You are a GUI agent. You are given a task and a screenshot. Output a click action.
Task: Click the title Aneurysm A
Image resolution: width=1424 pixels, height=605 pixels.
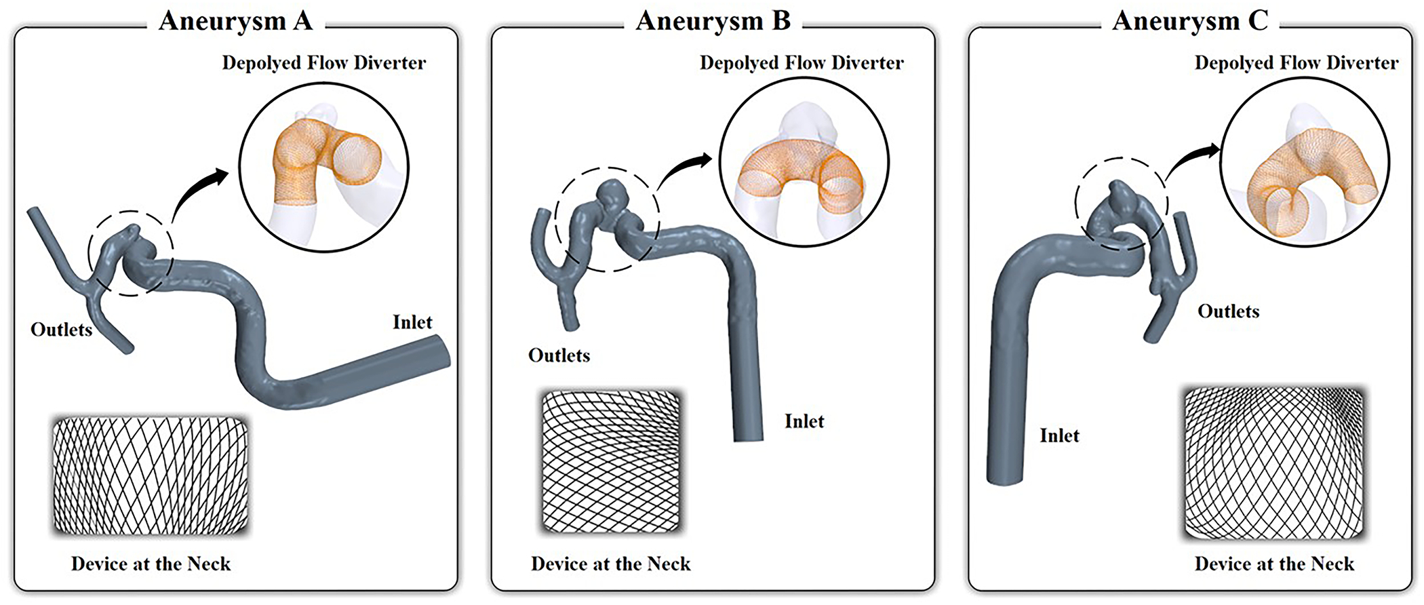(x=235, y=20)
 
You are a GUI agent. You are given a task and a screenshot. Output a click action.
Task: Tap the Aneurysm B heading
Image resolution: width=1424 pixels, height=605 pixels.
(x=713, y=20)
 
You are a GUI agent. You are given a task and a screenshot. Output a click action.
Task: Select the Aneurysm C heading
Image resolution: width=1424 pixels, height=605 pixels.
(x=1190, y=20)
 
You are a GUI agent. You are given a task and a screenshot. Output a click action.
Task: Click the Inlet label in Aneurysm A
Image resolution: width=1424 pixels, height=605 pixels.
(x=412, y=321)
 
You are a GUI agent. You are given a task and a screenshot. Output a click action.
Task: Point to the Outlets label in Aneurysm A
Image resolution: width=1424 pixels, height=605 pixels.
(x=61, y=330)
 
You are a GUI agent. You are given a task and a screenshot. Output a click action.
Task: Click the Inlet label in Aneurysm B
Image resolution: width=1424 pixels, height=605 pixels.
(x=804, y=421)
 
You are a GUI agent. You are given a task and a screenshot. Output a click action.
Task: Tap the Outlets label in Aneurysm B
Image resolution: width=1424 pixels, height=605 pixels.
(x=559, y=355)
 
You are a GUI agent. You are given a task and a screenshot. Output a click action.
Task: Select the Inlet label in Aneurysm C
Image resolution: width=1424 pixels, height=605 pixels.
(x=1059, y=435)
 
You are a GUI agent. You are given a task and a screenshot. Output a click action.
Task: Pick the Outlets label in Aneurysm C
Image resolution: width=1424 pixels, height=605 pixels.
(x=1228, y=311)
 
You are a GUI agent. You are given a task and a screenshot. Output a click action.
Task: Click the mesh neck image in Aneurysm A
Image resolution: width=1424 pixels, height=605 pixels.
(x=151, y=475)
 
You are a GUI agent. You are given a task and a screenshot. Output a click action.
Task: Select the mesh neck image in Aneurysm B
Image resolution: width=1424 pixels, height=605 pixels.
(x=610, y=461)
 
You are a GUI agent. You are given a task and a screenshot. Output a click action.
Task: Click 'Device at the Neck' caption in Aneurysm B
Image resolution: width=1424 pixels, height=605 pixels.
(x=610, y=564)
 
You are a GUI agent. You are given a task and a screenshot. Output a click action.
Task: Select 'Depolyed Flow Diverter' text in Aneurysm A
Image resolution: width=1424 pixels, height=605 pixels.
(x=324, y=63)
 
